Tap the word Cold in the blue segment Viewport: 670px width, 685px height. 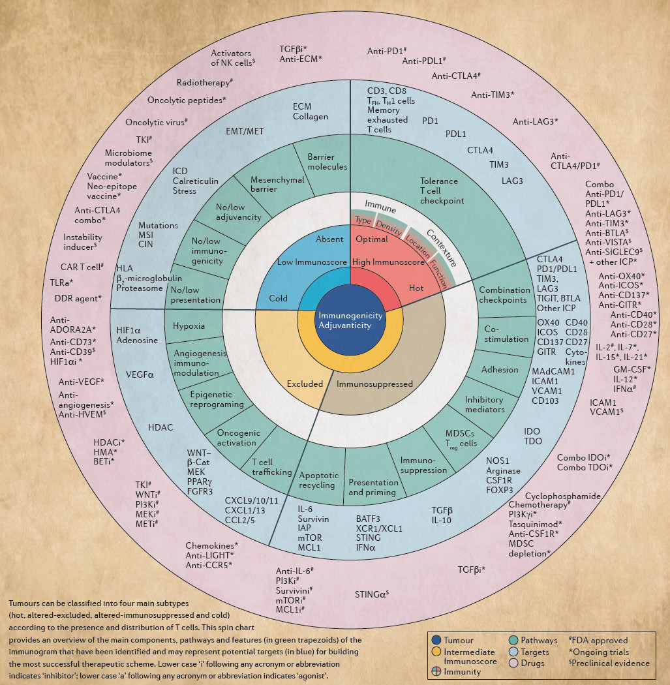(x=279, y=298)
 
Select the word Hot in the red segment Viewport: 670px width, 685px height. (x=416, y=288)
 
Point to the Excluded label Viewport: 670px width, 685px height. (x=305, y=384)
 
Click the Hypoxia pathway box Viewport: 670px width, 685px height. (x=189, y=326)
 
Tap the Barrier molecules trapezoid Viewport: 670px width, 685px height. (x=327, y=162)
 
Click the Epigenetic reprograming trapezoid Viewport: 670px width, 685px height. (x=216, y=399)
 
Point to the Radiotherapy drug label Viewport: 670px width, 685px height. (x=205, y=83)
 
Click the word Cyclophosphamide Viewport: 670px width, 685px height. (x=562, y=496)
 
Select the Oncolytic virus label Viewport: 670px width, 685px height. (x=157, y=122)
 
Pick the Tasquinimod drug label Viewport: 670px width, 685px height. (x=535, y=524)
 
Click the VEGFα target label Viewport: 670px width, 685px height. (x=140, y=375)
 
